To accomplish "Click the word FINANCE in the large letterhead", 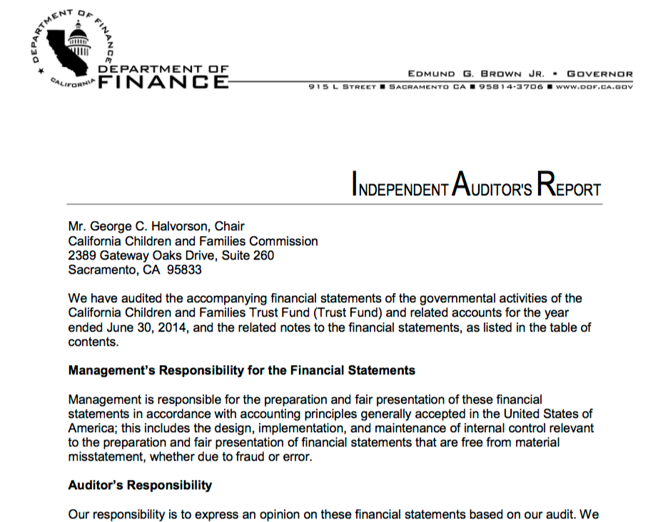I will pos(163,82).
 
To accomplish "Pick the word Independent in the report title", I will pos(400,189).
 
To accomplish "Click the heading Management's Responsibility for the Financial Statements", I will pos(241,371).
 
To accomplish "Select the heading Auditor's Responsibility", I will pos(140,485).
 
